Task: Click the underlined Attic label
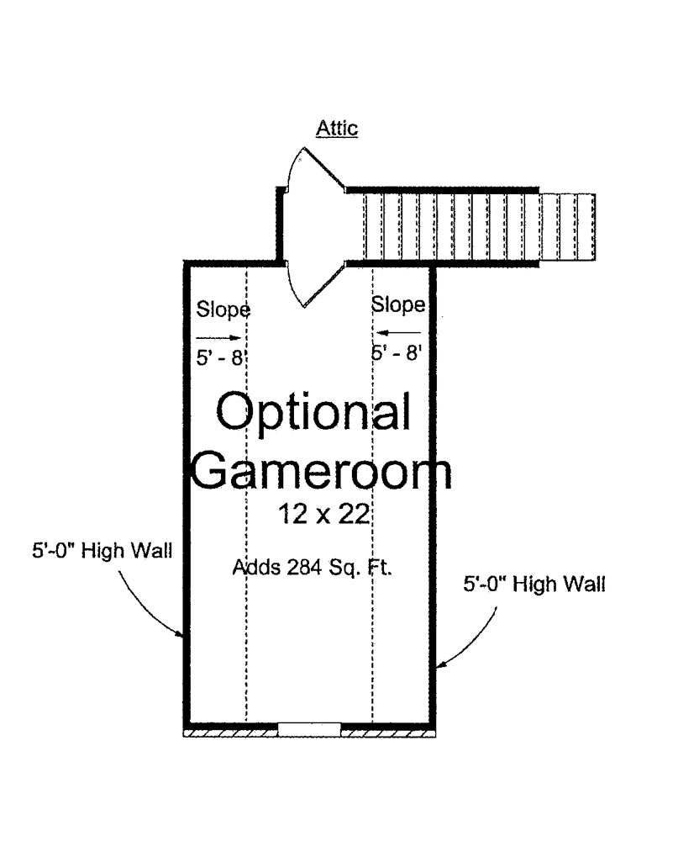[x=336, y=129]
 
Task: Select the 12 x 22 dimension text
[x=324, y=514]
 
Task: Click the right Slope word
[x=398, y=304]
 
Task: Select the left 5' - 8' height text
[x=218, y=357]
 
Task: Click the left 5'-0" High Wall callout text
[x=99, y=553]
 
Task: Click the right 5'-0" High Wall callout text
[x=534, y=583]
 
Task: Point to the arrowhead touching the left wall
[x=181, y=636]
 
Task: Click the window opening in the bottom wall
[x=309, y=728]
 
